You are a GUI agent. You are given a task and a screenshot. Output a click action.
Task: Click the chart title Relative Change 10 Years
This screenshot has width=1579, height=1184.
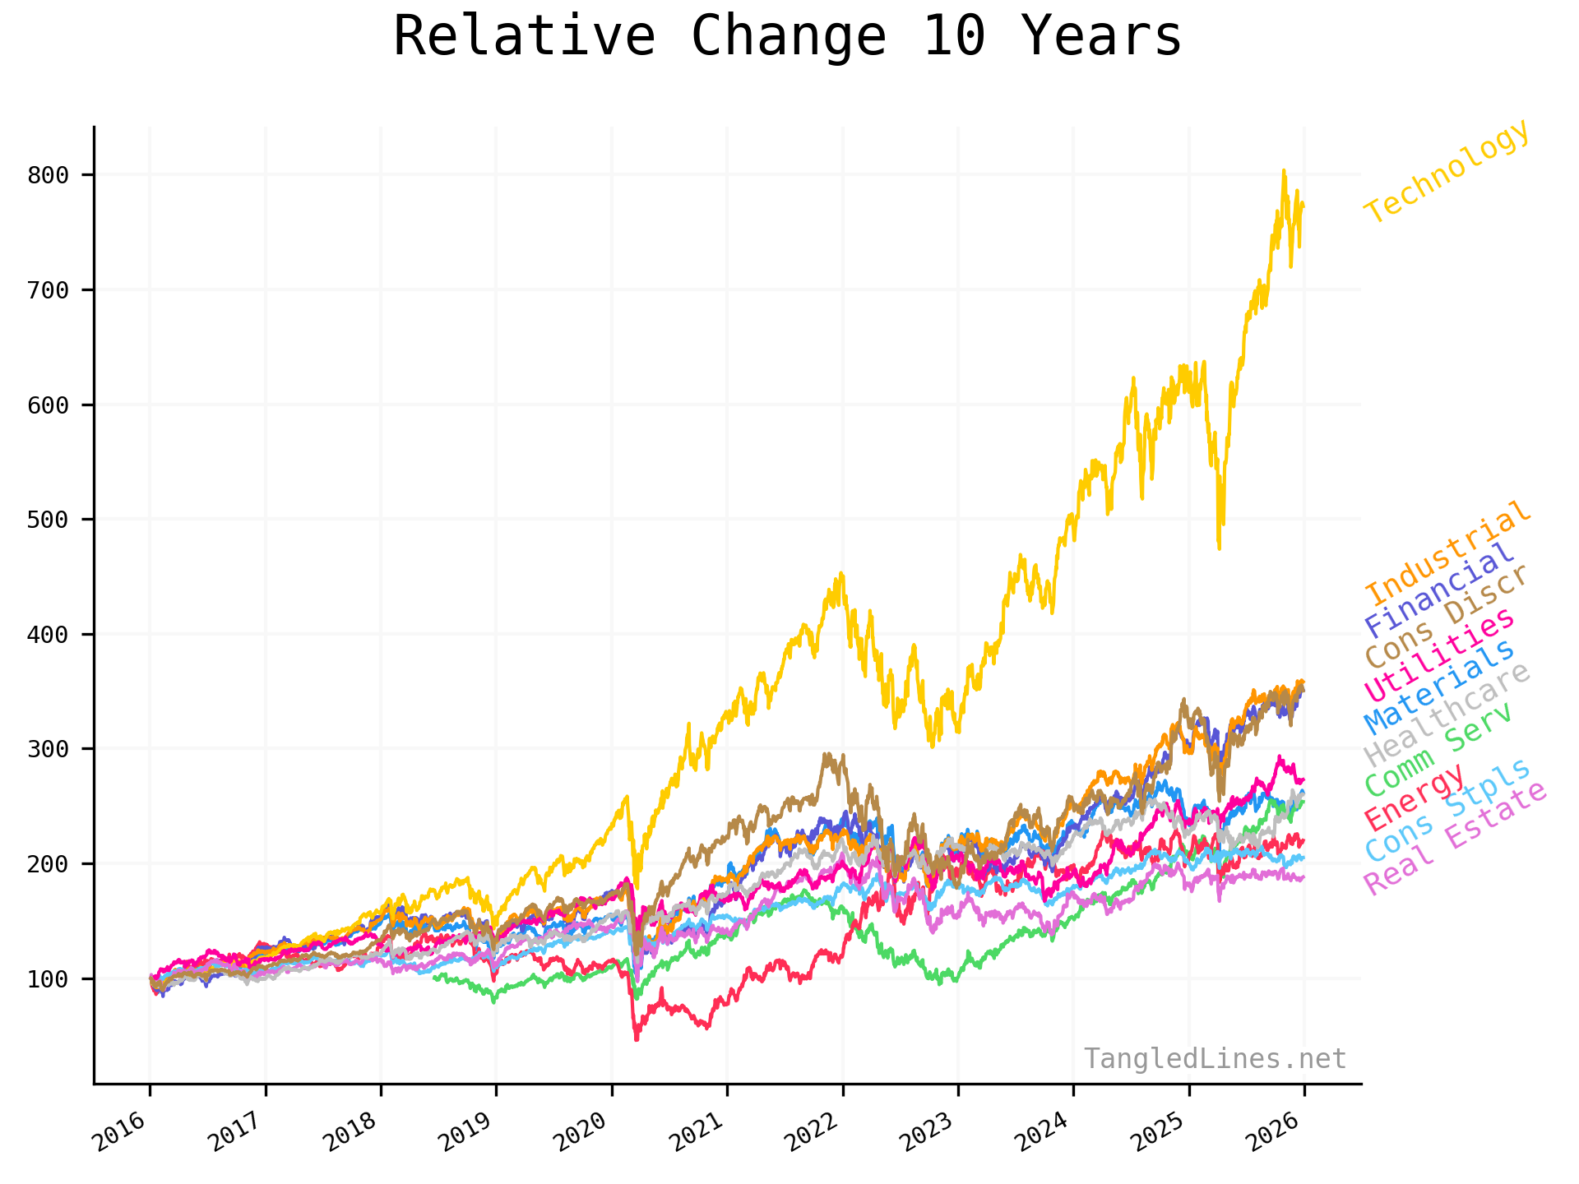tap(787, 37)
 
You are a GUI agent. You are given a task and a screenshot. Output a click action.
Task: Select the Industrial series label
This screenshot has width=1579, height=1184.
tap(1448, 552)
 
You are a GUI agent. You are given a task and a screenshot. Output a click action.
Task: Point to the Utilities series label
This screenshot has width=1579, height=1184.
tap(1439, 654)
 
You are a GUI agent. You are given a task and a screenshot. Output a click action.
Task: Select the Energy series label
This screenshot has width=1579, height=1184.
tap(1415, 796)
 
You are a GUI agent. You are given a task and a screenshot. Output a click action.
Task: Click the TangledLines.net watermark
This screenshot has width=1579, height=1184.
tap(1215, 1058)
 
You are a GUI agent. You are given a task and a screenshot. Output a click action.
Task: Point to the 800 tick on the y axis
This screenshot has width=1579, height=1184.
tap(48, 175)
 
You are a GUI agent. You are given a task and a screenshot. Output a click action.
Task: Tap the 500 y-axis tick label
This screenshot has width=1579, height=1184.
tap(48, 520)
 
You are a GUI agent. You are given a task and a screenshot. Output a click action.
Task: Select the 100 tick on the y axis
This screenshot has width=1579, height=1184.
tap(48, 979)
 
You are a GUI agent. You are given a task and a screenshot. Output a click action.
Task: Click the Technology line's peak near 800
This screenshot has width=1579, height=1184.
tap(1284, 171)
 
